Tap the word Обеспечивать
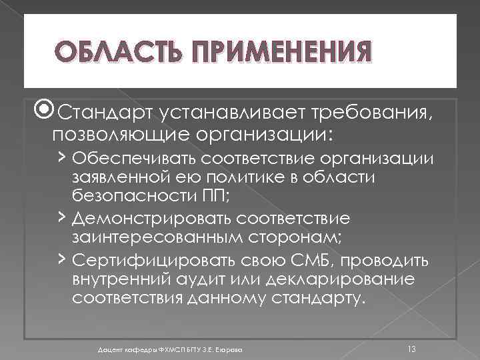tap(134, 159)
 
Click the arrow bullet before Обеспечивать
tap(61, 157)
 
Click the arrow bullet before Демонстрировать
tap(61, 217)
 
